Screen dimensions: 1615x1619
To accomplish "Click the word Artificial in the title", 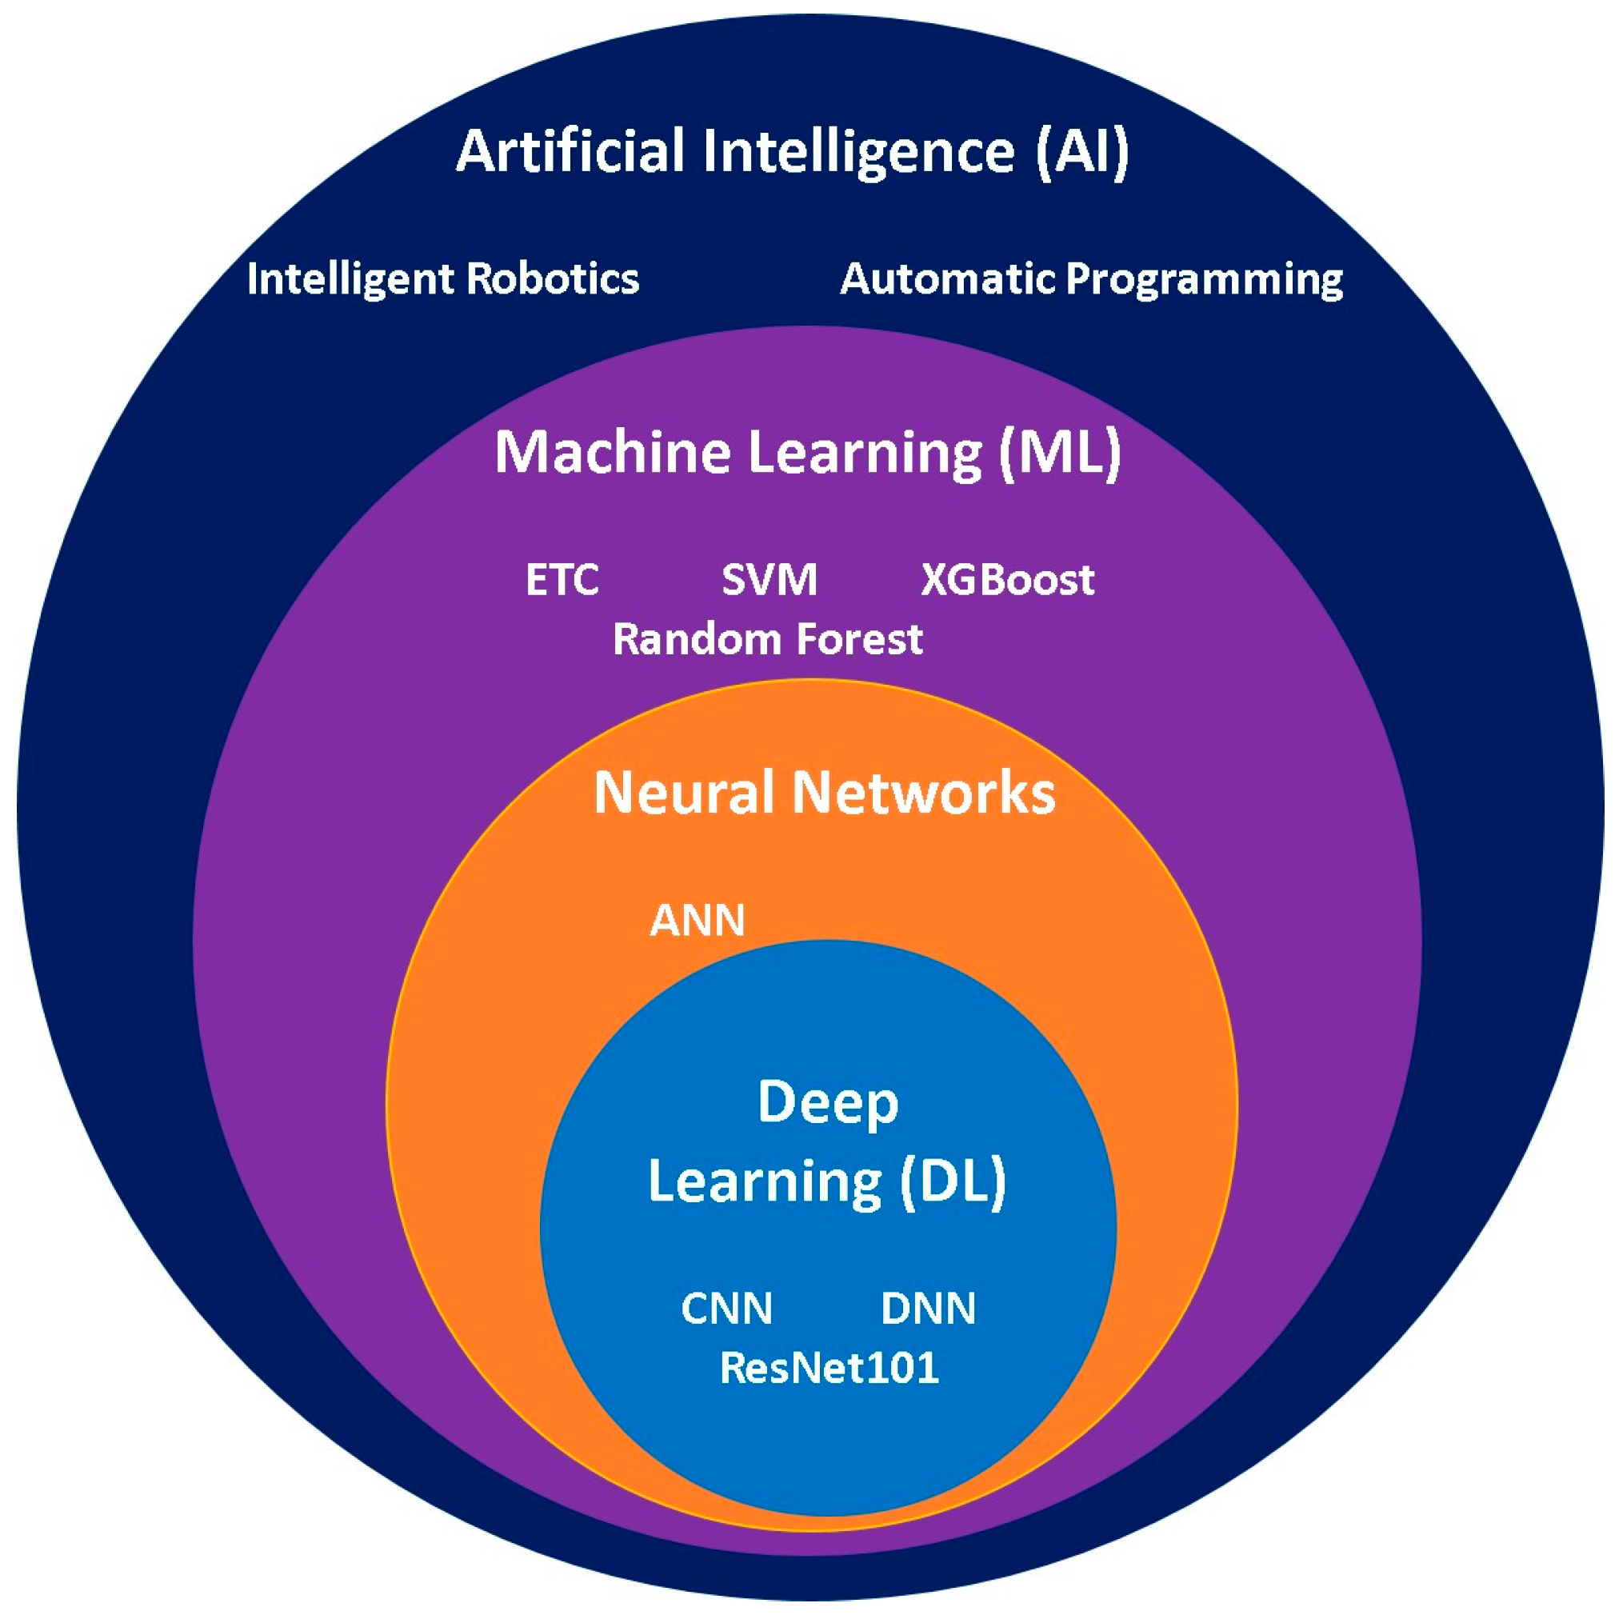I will [x=570, y=152].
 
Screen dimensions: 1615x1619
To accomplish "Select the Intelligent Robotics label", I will [x=442, y=279].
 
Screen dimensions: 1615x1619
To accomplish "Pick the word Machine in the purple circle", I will [x=612, y=453].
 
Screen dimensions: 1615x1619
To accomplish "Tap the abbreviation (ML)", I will [x=1058, y=453].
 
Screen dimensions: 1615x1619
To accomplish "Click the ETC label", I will [x=562, y=580].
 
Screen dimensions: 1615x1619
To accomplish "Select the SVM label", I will [x=769, y=580].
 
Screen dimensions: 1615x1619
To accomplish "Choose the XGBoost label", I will [x=1007, y=580].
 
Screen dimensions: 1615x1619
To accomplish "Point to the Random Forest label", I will [x=767, y=639].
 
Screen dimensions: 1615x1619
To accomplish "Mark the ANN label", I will [x=698, y=921].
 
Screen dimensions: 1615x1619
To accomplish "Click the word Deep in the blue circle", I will [x=827, y=1102].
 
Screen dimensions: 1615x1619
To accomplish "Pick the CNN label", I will [x=726, y=1309].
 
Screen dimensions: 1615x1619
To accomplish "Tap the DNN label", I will [x=928, y=1309].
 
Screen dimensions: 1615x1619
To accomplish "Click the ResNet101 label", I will [x=829, y=1368].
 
